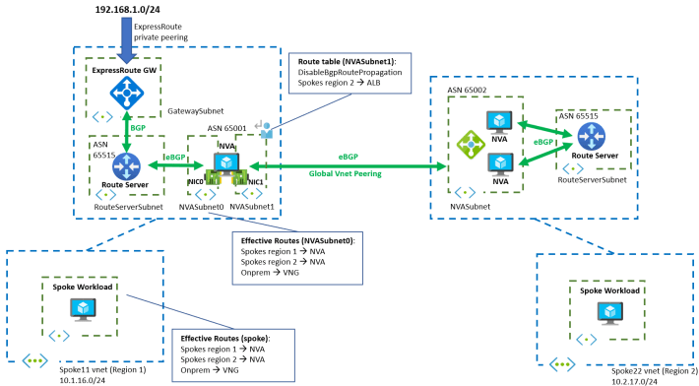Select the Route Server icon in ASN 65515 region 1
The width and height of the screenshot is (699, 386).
[128, 161]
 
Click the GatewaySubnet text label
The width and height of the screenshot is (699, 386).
[196, 112]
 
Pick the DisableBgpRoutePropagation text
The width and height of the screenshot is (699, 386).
[352, 74]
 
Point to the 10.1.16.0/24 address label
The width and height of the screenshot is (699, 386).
[81, 376]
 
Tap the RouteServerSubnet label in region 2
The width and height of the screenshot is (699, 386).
[594, 180]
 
